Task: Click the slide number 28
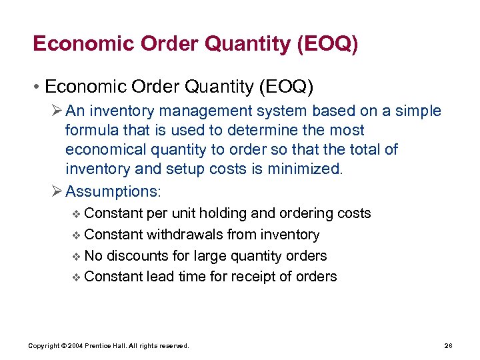[x=448, y=346]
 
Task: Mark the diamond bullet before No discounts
[x=76, y=257]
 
